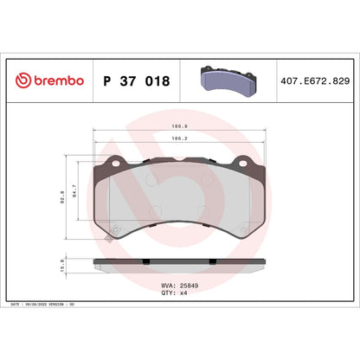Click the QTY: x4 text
point(175,293)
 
